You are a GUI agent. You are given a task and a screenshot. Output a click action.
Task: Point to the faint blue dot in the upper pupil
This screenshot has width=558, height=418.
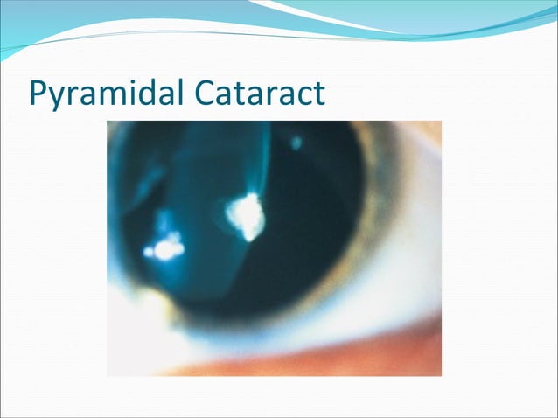pos(296,142)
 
